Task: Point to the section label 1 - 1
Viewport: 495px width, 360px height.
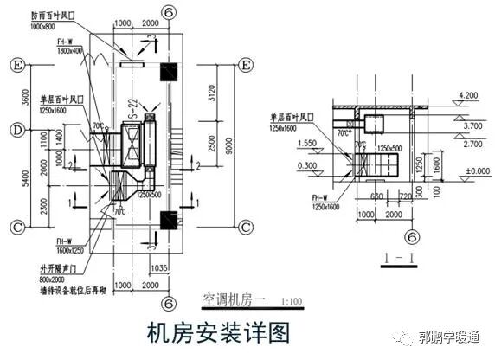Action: tap(400, 257)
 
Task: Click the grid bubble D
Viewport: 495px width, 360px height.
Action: tap(16, 130)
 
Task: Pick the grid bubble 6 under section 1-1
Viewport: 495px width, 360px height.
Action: tap(412, 235)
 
